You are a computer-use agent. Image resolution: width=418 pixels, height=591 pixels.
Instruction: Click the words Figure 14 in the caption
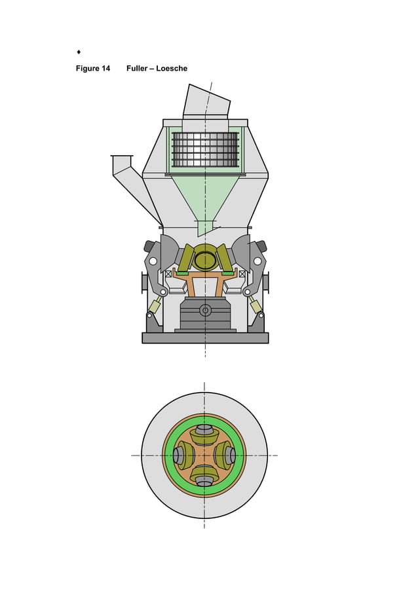[x=92, y=69]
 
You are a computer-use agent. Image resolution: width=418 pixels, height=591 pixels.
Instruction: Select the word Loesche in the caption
[x=172, y=69]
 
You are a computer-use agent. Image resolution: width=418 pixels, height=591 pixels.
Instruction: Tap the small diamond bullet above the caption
[x=79, y=51]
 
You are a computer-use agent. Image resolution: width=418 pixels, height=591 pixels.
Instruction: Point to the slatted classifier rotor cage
[x=205, y=150]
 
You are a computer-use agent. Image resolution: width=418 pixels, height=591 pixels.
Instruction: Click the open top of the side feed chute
[x=122, y=156]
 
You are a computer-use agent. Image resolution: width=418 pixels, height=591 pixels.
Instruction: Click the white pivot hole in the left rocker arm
[x=153, y=261]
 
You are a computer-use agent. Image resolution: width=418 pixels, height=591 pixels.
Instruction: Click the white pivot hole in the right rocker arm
[x=257, y=261]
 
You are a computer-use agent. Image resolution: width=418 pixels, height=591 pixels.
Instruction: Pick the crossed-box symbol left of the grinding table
[x=168, y=274]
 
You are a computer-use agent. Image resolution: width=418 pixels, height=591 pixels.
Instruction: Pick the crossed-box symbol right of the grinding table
[x=242, y=274]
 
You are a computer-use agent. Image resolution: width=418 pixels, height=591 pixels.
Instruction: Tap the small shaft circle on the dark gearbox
[x=205, y=310]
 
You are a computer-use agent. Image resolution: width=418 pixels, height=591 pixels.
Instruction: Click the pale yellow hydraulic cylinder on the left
[x=155, y=306]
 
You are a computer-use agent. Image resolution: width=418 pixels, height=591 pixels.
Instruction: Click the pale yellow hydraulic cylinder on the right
[x=256, y=306]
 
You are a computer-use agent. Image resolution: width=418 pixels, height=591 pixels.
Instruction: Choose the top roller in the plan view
[x=204, y=435]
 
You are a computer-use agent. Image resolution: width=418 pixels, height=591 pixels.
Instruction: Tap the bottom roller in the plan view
[x=204, y=476]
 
